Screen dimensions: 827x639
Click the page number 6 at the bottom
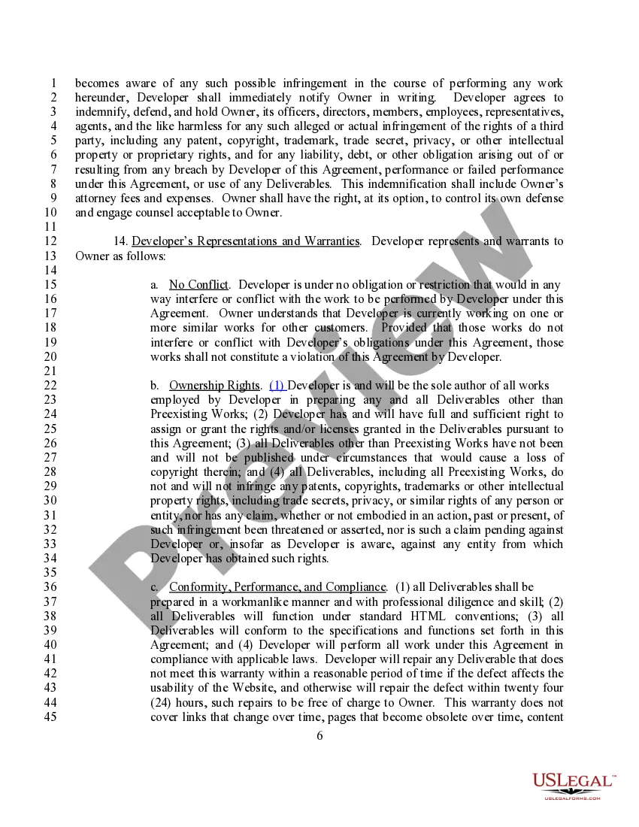[x=319, y=735]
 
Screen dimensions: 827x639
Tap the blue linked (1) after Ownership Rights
[x=277, y=386]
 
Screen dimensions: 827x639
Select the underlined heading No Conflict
[x=198, y=284]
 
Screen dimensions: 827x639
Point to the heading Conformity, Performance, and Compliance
[x=277, y=587]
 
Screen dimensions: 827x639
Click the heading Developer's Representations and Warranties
[x=245, y=241]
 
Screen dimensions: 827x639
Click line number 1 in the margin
[x=53, y=83]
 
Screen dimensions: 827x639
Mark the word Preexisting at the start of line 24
[x=180, y=414]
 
